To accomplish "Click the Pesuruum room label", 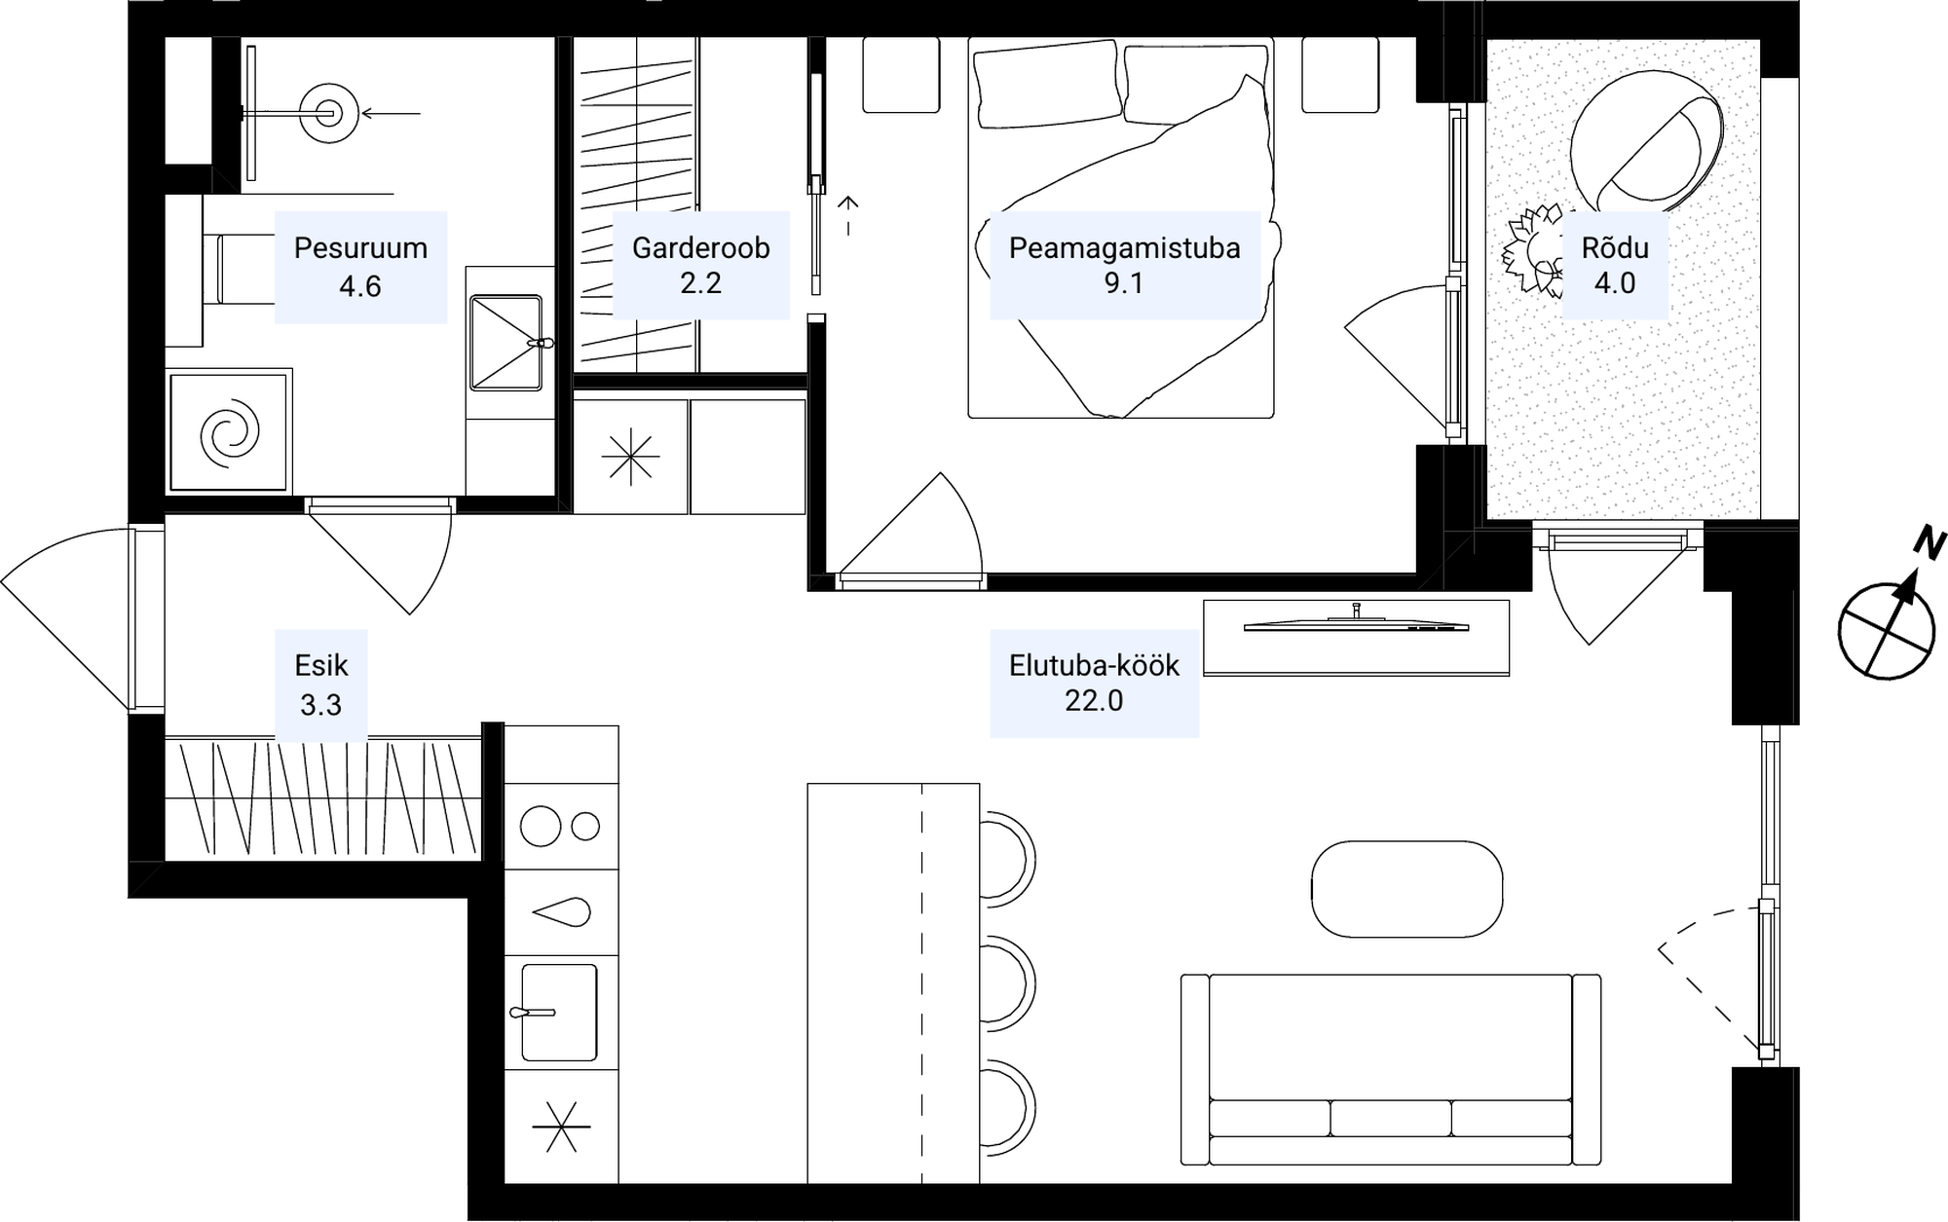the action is point(360,247).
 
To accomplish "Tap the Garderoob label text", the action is point(700,247).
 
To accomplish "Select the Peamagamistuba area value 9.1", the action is point(1123,283).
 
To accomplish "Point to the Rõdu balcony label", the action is point(1615,247).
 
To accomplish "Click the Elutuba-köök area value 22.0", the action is point(1094,701).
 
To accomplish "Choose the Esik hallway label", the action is point(321,665).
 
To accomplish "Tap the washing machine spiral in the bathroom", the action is point(230,432).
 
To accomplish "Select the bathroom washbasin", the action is point(506,342).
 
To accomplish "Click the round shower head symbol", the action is point(328,114).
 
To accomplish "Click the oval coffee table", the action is point(1406,889).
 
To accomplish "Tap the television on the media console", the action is point(1356,623).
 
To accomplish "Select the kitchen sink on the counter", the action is point(558,1012).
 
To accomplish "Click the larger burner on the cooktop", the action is point(541,827).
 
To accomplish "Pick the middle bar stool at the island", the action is point(1006,984).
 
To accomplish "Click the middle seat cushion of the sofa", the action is point(1390,1118).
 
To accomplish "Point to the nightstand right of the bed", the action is point(1340,74).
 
